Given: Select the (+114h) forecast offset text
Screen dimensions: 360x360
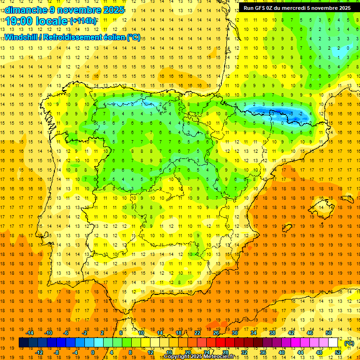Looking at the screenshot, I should [83, 21].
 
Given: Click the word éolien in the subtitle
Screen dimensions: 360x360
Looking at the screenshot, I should [114, 37].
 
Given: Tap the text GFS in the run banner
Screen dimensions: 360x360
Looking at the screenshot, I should [262, 7].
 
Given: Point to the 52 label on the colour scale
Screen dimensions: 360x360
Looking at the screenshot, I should [337, 352].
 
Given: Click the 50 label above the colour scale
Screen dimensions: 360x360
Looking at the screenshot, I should [329, 333].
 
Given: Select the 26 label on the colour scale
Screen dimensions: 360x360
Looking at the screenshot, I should [216, 333].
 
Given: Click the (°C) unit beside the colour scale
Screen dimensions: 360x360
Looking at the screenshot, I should [349, 343].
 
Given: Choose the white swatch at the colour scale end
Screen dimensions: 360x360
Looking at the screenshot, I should [333, 343].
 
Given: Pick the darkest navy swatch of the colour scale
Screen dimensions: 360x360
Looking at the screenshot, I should [23, 343].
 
